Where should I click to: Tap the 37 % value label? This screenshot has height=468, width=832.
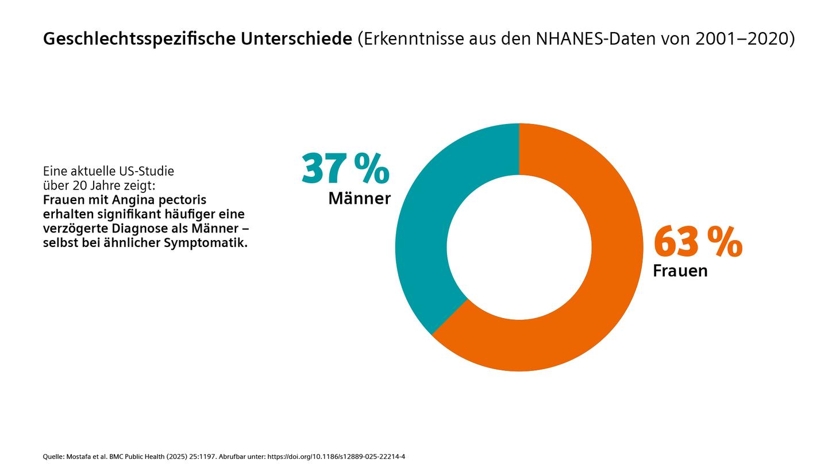pos(345,169)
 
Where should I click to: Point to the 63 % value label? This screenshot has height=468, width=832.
pos(698,242)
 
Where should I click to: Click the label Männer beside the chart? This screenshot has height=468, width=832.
pos(359,199)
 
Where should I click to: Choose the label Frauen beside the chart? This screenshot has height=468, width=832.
pos(680,271)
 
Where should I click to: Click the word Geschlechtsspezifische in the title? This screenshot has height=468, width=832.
pos(139,39)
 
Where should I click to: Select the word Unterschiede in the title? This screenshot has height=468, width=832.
pos(296,39)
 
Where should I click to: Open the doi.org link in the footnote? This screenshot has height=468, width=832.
pos(336,457)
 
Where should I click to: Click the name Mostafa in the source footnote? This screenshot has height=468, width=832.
pos(79,457)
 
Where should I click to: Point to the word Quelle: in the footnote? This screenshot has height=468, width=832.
pos(53,457)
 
